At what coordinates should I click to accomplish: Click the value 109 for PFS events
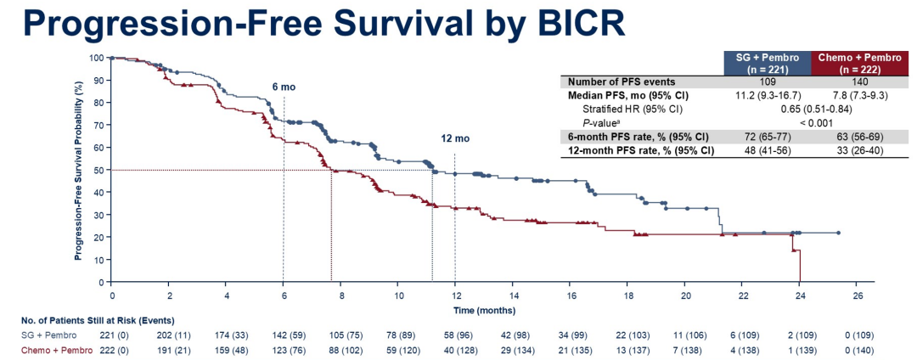point(767,82)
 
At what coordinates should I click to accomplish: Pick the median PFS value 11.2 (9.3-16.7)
point(767,96)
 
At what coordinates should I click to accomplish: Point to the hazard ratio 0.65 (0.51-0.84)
point(813,110)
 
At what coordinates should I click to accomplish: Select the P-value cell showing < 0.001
point(813,123)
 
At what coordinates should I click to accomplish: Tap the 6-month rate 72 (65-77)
point(767,137)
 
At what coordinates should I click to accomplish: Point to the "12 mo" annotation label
point(454,138)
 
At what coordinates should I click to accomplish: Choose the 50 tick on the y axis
point(98,170)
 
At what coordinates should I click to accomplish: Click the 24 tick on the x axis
point(800,295)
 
